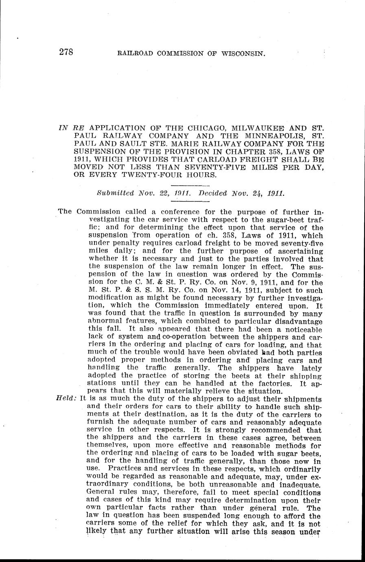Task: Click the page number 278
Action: pos(66,52)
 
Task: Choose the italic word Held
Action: pos(66,399)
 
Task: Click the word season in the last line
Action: pos(284,531)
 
